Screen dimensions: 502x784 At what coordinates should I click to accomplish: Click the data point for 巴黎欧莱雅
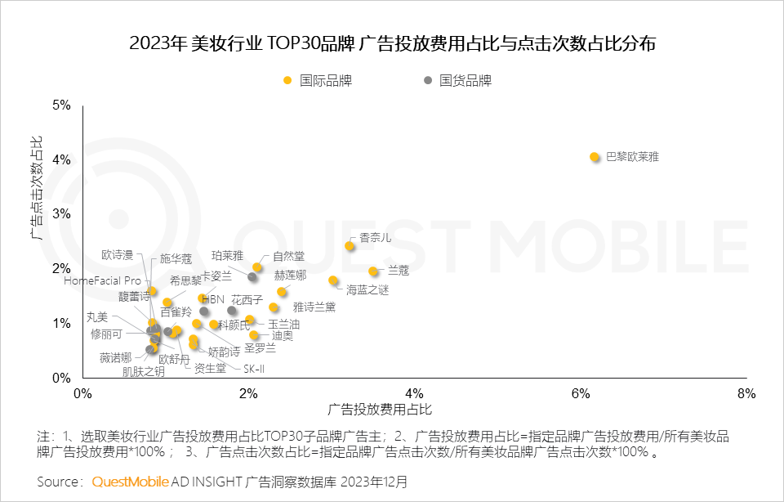pyautogui.click(x=595, y=157)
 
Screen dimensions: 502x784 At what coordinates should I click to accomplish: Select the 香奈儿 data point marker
pyautogui.click(x=350, y=246)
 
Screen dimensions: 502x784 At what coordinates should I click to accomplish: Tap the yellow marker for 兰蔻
pyautogui.click(x=373, y=271)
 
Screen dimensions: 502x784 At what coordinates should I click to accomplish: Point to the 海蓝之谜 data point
pyautogui.click(x=333, y=280)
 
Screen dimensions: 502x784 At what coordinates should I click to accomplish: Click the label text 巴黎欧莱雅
pyautogui.click(x=631, y=156)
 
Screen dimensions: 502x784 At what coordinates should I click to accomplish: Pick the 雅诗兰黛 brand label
pyautogui.click(x=314, y=307)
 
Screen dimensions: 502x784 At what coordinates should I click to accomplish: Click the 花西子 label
pyautogui.click(x=247, y=300)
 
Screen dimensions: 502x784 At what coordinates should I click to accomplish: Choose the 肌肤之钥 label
pyautogui.click(x=143, y=372)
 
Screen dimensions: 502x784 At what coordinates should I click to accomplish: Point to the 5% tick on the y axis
pyautogui.click(x=62, y=105)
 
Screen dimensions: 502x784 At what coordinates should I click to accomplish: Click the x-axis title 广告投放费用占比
pyautogui.click(x=379, y=409)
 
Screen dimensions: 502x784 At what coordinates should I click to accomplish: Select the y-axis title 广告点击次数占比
pyautogui.click(x=36, y=190)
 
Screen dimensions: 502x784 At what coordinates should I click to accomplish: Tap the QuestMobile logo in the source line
pyautogui.click(x=131, y=482)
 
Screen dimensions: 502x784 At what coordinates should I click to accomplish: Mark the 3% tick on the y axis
pyautogui.click(x=62, y=214)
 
